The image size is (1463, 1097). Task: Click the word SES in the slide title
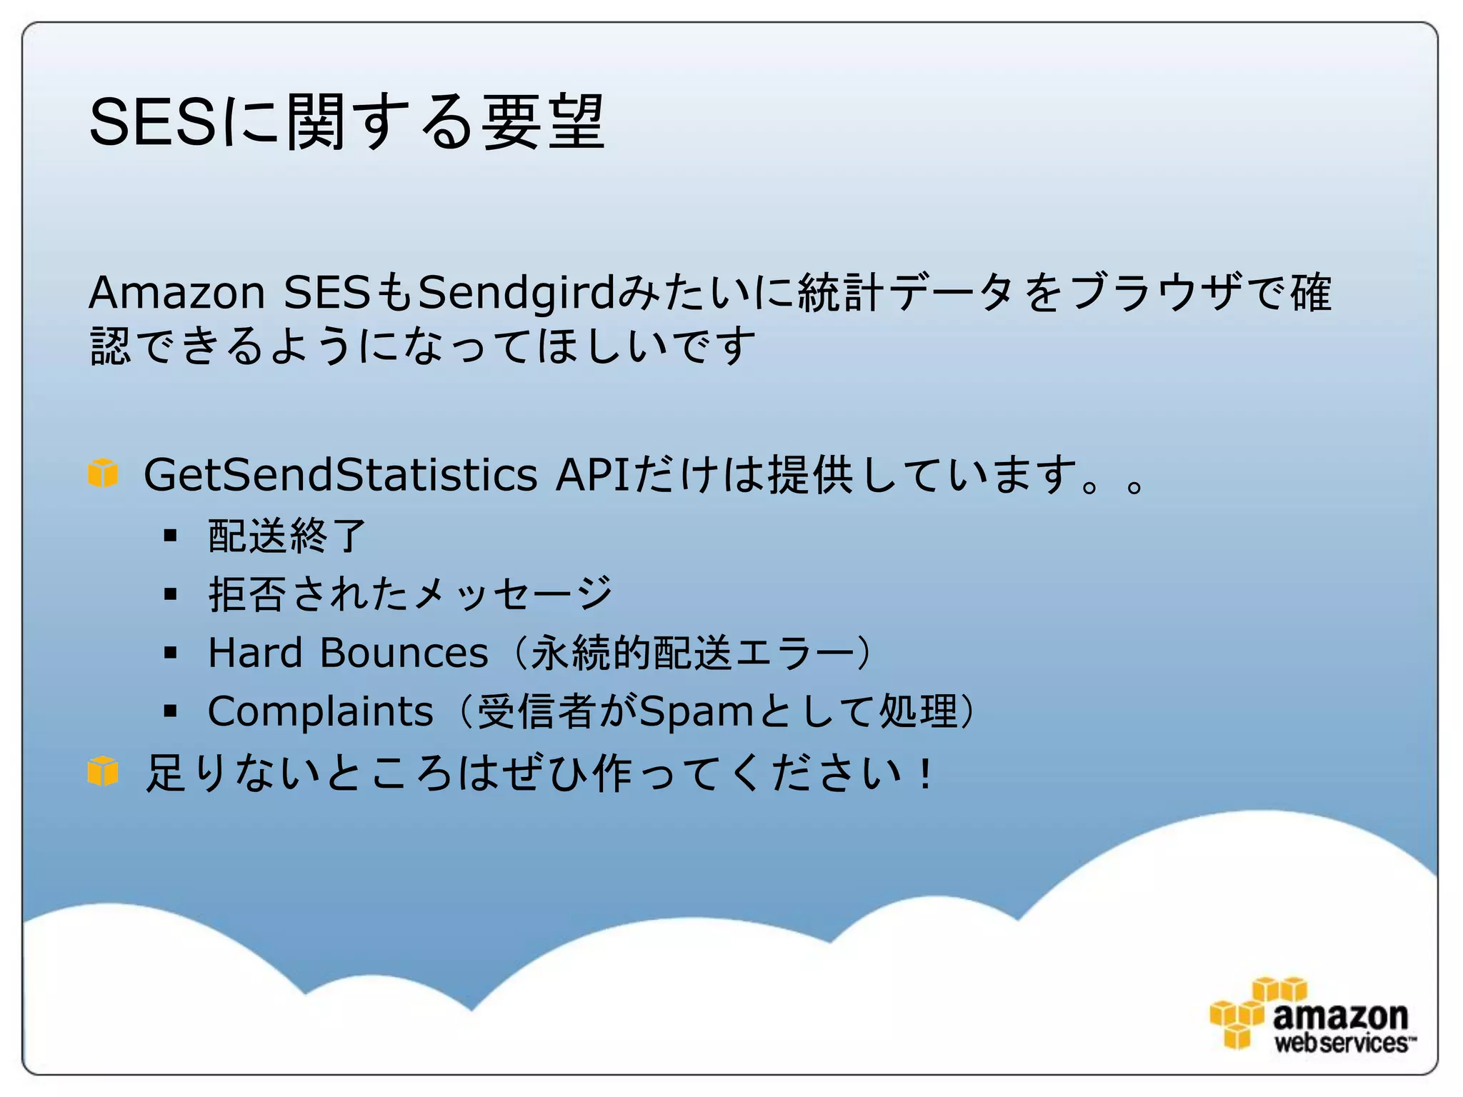[151, 123]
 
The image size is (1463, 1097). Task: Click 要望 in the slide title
[543, 123]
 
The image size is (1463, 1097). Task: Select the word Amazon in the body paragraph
[176, 293]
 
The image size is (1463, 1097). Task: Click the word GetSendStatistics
[340, 475]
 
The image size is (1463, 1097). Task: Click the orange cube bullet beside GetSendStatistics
[103, 473]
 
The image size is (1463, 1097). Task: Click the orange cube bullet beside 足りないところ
[103, 771]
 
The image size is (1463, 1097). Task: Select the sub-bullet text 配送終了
[286, 536]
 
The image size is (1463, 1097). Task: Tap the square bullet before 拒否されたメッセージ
[170, 593]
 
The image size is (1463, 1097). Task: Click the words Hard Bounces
[348, 653]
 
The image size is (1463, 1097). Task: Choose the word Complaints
[321, 711]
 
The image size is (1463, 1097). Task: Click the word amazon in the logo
[1339, 1015]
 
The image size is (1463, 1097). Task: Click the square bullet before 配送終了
[170, 535]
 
